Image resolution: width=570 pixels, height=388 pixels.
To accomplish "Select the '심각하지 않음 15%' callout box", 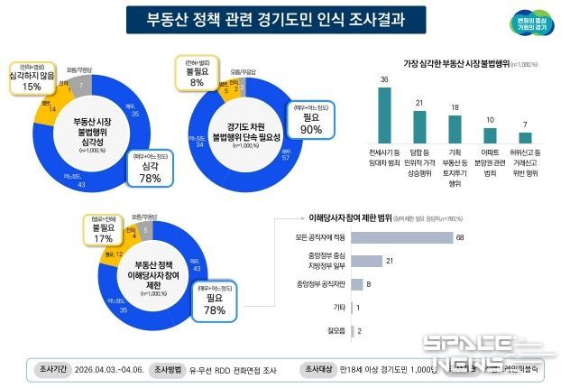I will click(32, 77).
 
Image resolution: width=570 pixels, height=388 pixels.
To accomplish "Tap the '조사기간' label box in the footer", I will click(51, 369).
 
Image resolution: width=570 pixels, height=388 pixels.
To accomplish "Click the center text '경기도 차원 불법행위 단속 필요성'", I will click(246, 131).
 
